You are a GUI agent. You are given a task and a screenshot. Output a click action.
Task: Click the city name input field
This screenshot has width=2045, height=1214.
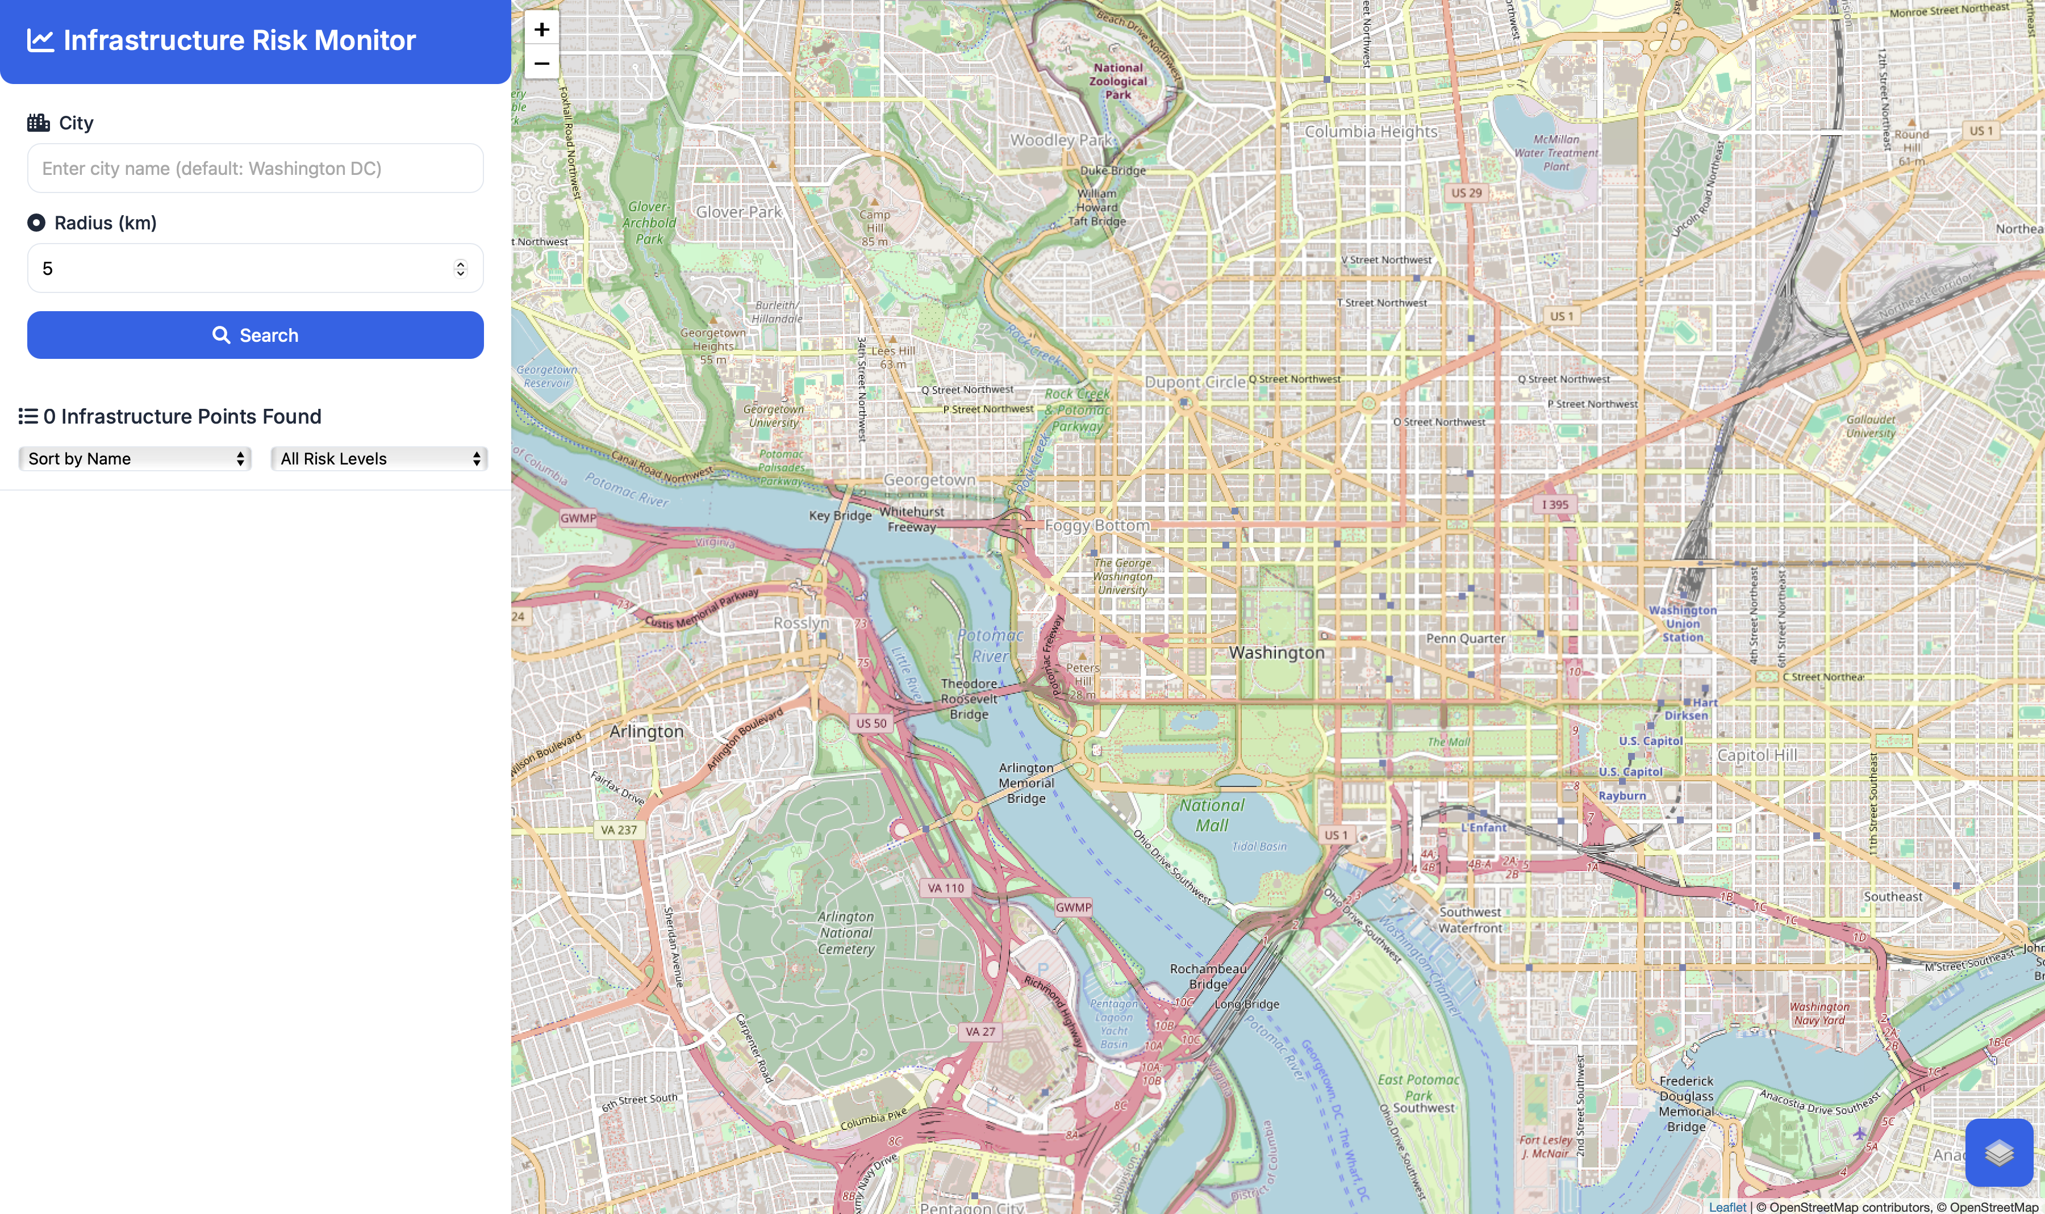[x=254, y=169]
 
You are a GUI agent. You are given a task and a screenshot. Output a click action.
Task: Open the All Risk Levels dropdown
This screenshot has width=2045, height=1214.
[x=379, y=459]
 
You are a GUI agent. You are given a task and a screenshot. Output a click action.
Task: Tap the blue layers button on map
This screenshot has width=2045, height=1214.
[x=1998, y=1152]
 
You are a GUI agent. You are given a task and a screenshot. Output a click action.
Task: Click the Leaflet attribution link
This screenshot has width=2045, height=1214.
[x=1727, y=1207]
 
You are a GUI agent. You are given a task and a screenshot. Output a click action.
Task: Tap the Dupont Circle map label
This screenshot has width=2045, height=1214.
[x=1195, y=382]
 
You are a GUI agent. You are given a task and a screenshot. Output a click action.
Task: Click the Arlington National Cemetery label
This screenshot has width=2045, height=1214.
[x=846, y=932]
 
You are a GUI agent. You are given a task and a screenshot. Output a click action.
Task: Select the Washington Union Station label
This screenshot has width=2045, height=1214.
[x=1683, y=623]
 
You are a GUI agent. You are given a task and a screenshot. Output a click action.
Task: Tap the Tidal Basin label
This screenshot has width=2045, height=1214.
[x=1259, y=846]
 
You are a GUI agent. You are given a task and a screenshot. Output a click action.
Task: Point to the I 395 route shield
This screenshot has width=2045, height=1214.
[x=1555, y=505]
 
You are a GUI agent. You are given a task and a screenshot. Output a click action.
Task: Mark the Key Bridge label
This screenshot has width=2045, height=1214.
[x=840, y=516]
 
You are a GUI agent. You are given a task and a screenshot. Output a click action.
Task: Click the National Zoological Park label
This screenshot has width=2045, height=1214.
[x=1118, y=81]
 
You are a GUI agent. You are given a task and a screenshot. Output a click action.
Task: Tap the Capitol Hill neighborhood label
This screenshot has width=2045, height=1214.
[x=1757, y=755]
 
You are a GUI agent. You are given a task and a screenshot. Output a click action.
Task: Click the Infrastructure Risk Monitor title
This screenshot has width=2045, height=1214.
[x=239, y=40]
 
